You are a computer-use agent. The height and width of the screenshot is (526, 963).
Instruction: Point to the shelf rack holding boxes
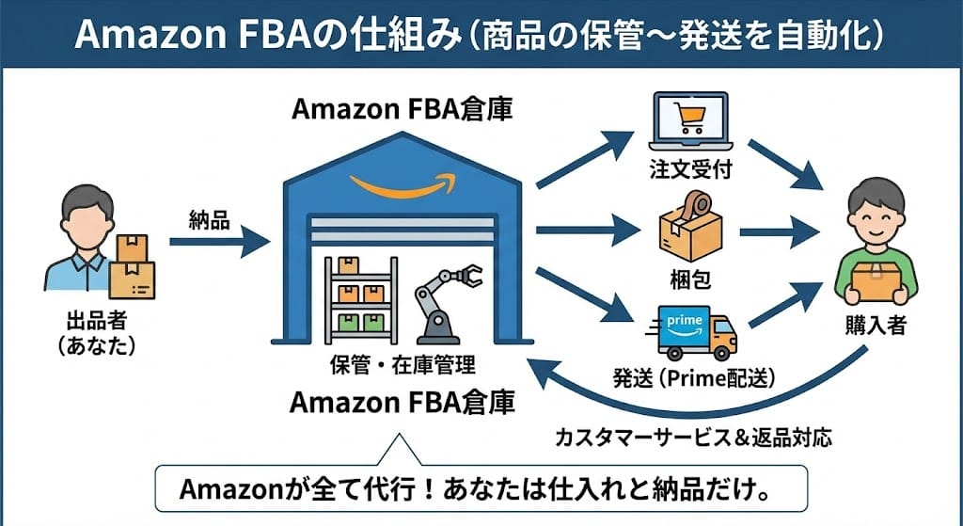[x=359, y=299]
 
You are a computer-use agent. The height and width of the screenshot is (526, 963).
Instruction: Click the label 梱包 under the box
[x=689, y=280]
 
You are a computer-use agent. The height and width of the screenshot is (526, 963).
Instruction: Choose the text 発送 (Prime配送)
[x=694, y=378]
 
